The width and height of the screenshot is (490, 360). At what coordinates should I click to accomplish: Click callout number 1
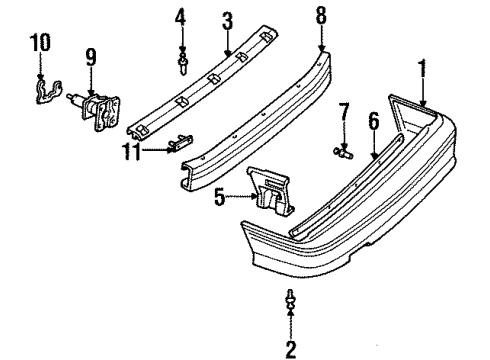[x=423, y=71]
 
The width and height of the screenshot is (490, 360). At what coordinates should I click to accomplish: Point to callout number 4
[x=181, y=17]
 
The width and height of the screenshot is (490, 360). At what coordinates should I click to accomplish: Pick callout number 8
[x=321, y=15]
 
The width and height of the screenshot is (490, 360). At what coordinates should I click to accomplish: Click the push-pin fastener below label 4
[x=184, y=66]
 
